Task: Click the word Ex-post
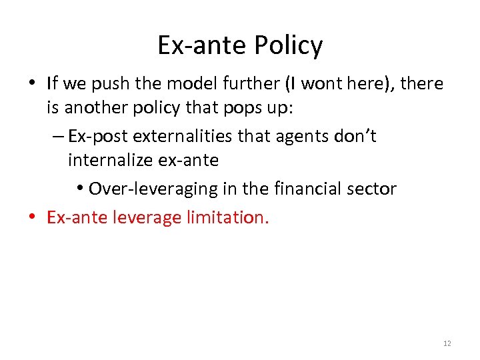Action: pyautogui.click(x=98, y=136)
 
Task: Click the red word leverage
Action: pyautogui.click(x=140, y=217)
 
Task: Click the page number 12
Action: pyautogui.click(x=447, y=343)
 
